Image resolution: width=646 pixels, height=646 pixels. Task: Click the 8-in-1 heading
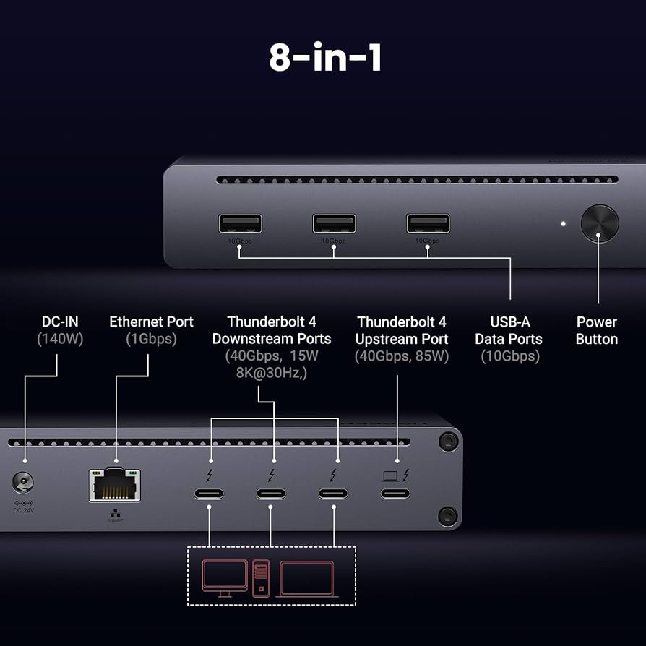325,58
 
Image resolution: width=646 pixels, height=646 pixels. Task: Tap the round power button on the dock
600,223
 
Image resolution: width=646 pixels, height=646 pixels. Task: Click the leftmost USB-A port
240,224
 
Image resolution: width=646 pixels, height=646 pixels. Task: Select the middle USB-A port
334,224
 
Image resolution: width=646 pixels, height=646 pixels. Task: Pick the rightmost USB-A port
428,224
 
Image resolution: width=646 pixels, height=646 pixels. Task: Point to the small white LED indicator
563,223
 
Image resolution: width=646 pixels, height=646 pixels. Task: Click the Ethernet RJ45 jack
115,484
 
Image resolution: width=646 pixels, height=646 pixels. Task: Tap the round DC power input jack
23,483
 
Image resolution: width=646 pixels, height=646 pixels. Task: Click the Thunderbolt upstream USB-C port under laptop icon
395,494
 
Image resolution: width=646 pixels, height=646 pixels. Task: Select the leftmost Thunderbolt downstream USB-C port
209,494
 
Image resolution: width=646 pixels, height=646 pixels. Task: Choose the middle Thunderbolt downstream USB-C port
271,494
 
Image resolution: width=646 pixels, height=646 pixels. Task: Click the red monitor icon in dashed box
224,577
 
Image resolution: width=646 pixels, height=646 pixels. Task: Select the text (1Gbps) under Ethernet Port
151,339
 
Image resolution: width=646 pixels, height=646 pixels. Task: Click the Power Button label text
596,330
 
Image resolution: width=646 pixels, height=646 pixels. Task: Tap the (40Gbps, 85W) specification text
402,356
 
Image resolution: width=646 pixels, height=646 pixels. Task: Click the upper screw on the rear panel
449,440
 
